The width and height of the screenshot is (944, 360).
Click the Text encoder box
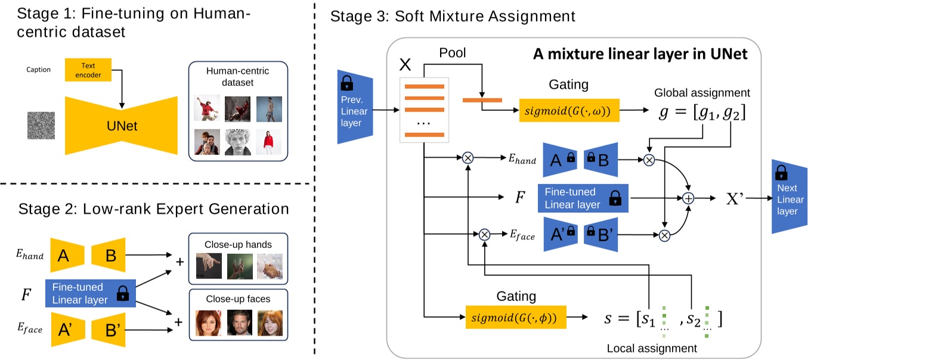pos(88,70)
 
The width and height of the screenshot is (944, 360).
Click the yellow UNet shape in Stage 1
pos(122,126)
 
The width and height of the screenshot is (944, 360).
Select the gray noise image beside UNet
pos(41,126)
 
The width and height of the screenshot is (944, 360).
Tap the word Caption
pos(38,70)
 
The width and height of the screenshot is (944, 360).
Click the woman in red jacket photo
pos(269,142)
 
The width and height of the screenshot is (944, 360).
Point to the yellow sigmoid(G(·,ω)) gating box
pos(569,110)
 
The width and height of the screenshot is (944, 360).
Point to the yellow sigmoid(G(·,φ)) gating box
pos(515,318)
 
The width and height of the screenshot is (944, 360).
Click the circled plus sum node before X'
pos(688,198)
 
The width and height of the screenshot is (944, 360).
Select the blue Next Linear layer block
pos(790,197)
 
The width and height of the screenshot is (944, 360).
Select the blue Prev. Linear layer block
pos(355,110)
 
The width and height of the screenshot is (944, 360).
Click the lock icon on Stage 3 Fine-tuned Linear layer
pos(615,198)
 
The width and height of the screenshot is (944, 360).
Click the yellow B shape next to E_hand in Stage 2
pos(109,255)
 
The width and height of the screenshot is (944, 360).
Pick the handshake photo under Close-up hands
pos(270,266)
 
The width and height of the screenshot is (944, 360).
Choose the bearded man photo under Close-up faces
pos(239,323)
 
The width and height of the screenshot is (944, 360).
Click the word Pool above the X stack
pos(452,53)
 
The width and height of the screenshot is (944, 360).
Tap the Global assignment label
pos(702,92)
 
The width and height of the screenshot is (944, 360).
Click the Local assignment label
pos(651,348)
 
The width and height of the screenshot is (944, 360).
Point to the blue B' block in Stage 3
pos(600,234)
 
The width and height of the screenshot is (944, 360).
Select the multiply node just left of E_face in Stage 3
pos(484,235)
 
